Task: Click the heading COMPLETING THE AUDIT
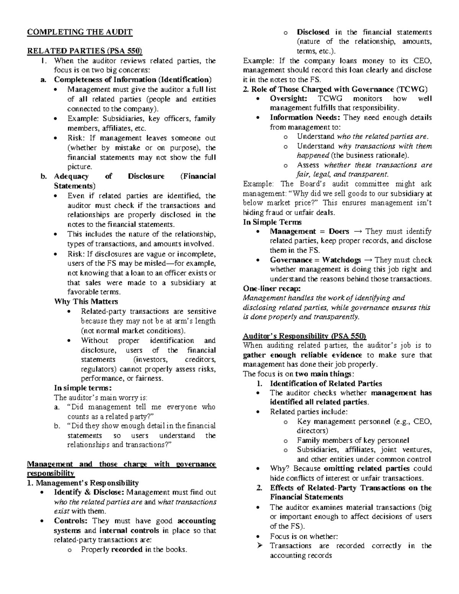pos(80,32)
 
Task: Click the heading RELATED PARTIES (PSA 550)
pos(84,51)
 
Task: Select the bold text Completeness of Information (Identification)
pos(132,80)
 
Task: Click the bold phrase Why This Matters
pos(86,301)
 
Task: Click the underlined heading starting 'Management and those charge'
pos(121,464)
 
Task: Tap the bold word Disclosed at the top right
pos(313,32)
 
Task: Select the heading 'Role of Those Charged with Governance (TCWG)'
pos(335,89)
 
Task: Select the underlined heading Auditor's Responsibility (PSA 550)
pos(304,336)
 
